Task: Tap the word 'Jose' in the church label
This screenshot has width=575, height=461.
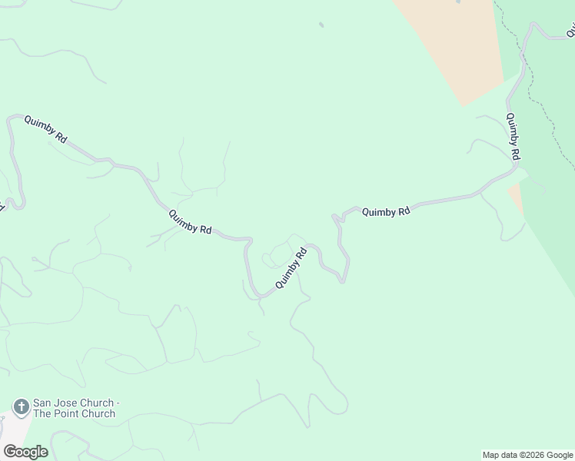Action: coord(65,403)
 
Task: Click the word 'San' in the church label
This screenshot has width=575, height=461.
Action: coord(42,403)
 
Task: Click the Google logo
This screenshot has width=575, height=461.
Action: coord(25,452)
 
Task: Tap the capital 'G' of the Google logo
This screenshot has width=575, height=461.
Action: coord(10,452)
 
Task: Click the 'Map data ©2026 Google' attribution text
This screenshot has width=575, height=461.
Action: coord(527,455)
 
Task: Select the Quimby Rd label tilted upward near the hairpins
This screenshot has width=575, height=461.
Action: coord(291,268)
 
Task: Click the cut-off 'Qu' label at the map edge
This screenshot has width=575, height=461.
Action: coord(571,31)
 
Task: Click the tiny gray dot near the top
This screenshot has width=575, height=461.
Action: coord(321,25)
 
